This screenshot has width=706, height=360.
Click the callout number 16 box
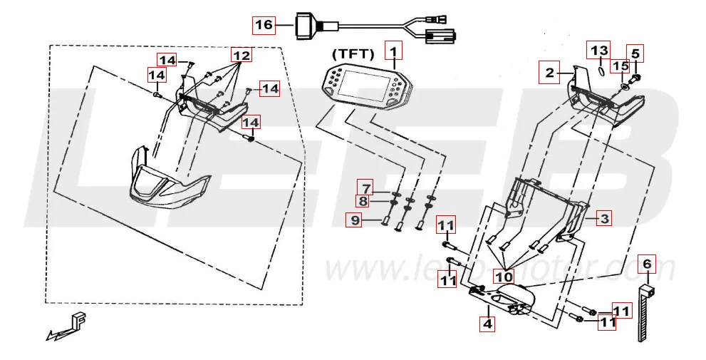click(264, 25)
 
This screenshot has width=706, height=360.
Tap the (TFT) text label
click(353, 54)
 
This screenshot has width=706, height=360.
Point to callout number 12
click(241, 55)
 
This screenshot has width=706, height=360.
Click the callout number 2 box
click(549, 73)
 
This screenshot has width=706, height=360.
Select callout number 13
click(598, 50)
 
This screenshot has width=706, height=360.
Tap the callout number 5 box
click(635, 52)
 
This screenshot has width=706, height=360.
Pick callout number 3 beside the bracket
click(603, 218)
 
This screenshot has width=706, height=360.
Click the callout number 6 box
click(646, 264)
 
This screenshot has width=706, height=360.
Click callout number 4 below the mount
click(487, 323)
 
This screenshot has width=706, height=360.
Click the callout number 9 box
click(354, 220)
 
